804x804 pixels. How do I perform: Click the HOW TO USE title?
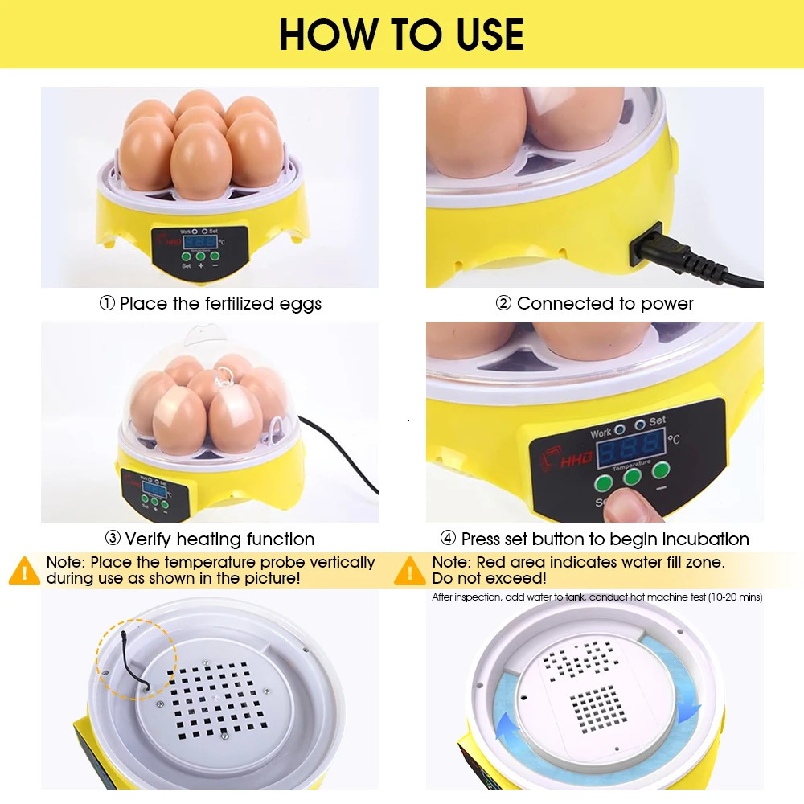point(401,34)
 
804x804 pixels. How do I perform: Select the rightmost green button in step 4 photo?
point(661,470)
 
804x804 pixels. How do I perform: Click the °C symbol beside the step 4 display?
point(673,440)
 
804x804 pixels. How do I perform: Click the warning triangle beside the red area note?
point(410,570)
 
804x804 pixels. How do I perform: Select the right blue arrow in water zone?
point(688,707)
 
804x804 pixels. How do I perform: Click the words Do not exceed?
point(489,578)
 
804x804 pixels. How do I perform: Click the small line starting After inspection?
point(597,597)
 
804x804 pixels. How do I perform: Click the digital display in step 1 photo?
point(199,240)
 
